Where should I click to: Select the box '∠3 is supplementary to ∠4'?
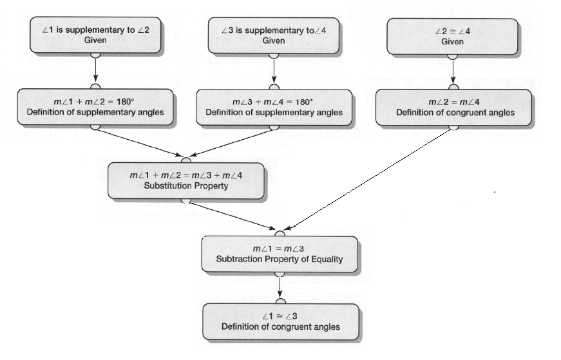click(x=273, y=36)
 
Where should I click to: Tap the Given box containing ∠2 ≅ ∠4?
click(x=452, y=36)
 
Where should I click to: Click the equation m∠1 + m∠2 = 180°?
click(x=95, y=102)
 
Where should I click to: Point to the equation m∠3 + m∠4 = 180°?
click(x=274, y=102)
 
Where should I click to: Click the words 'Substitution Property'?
click(x=187, y=185)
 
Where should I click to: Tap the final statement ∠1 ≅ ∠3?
click(x=280, y=316)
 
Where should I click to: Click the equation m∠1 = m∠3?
click(x=280, y=249)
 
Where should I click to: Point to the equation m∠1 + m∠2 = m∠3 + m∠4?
click(x=186, y=175)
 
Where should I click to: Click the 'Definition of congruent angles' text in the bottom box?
click(x=280, y=327)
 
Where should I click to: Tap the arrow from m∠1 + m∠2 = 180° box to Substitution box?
click(x=138, y=142)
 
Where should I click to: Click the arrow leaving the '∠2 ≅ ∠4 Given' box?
click(x=453, y=70)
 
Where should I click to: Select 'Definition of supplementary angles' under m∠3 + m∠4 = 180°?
click(x=274, y=113)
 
